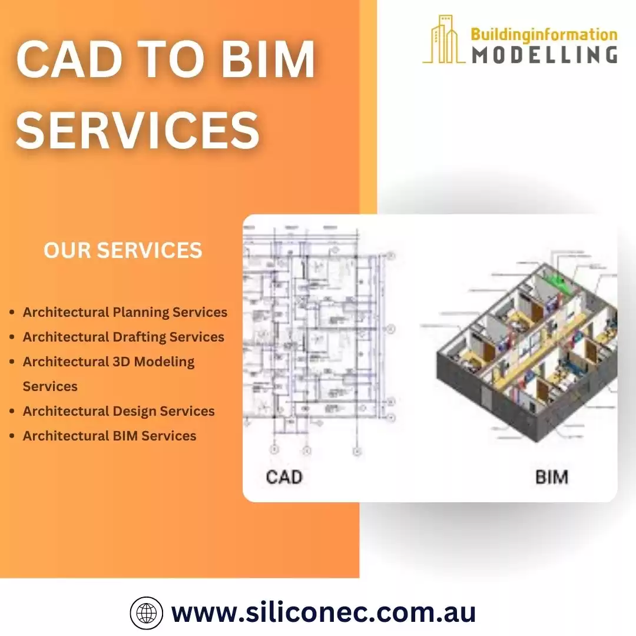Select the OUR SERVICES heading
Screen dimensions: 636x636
(123, 250)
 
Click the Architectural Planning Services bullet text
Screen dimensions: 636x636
(125, 312)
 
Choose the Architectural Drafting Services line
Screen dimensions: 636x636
(124, 337)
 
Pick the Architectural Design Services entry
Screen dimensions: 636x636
(118, 411)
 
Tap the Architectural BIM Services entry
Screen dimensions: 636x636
(110, 436)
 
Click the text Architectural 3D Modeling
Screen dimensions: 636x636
(108, 362)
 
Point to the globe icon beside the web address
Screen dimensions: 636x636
(146, 613)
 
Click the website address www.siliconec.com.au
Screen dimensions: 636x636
(323, 612)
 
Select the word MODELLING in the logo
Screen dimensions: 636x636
(544, 54)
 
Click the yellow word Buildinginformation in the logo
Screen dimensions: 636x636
(544, 34)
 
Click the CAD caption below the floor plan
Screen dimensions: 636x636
(284, 476)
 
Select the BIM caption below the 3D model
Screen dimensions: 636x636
(552, 476)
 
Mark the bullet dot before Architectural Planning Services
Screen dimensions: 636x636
(12, 313)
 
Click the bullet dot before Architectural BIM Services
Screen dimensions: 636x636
(12, 436)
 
